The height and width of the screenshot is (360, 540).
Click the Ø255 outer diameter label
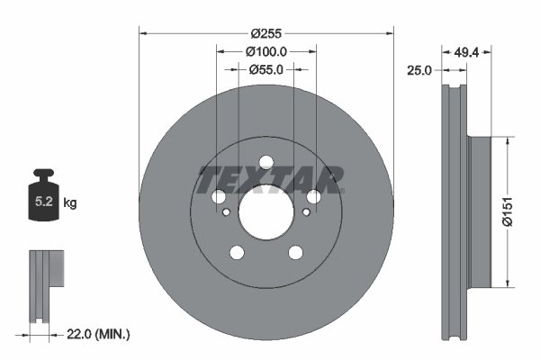[266, 33]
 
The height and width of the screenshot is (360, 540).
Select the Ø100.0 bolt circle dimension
[266, 52]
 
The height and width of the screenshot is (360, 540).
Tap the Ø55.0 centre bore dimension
[266, 69]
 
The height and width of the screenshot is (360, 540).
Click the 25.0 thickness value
[420, 70]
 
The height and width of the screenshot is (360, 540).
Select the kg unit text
[70, 203]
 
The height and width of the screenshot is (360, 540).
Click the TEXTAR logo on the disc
[269, 178]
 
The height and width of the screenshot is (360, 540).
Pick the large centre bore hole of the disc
[265, 212]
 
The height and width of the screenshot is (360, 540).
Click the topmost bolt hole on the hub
[265, 163]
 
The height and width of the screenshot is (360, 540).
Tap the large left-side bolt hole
[218, 197]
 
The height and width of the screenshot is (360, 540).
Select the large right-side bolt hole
[313, 197]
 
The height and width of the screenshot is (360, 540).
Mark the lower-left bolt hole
[236, 253]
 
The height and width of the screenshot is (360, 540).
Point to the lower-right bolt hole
[295, 253]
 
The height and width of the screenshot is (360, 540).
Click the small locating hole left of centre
[226, 212]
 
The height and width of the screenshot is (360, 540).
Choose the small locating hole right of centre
[306, 212]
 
